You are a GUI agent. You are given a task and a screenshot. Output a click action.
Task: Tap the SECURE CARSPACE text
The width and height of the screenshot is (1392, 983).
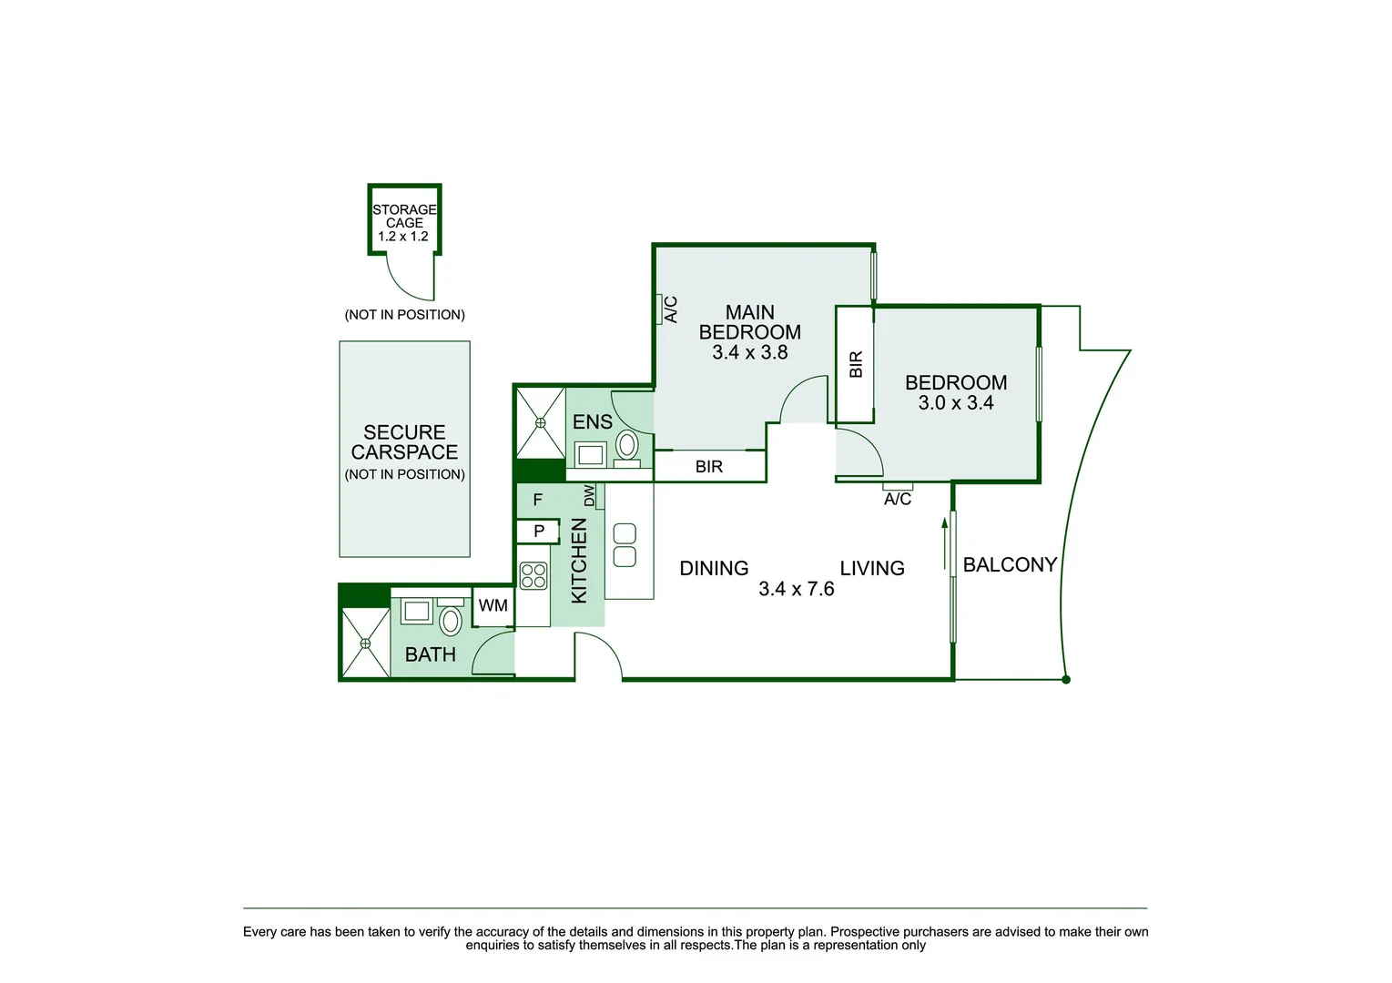(x=404, y=442)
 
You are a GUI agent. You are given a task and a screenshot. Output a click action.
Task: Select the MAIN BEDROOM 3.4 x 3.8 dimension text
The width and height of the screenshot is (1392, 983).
(x=749, y=352)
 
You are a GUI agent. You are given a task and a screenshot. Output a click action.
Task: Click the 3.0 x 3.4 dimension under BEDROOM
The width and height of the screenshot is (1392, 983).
(x=955, y=403)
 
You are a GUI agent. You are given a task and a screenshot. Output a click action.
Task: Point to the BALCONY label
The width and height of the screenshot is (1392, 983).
(x=1010, y=565)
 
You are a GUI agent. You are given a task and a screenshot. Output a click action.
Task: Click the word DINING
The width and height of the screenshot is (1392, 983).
(x=714, y=569)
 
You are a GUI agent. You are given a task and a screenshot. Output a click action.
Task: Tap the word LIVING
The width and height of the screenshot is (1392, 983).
(x=871, y=569)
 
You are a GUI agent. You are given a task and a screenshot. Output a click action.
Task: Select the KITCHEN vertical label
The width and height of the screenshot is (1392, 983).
(x=579, y=561)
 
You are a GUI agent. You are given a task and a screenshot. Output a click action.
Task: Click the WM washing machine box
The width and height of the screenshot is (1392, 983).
(x=493, y=606)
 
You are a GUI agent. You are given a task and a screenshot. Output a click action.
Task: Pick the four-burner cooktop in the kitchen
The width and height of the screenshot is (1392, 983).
(x=533, y=576)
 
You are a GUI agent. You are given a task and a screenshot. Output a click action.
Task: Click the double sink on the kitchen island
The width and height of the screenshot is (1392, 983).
(x=625, y=545)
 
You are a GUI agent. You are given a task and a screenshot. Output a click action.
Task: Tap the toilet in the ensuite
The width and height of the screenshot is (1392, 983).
(x=627, y=447)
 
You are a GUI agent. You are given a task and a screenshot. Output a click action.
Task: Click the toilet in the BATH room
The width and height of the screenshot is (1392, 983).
(x=451, y=620)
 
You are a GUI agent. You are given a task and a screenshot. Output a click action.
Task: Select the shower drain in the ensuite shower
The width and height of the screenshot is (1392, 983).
(x=540, y=422)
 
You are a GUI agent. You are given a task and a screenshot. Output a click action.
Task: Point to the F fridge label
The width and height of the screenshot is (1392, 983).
(x=537, y=500)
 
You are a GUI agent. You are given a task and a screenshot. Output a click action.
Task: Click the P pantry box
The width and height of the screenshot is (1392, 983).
(x=539, y=531)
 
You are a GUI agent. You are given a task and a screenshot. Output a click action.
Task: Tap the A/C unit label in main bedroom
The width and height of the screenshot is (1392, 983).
(x=671, y=309)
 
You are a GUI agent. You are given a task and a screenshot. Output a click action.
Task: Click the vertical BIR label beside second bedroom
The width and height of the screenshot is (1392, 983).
(x=856, y=365)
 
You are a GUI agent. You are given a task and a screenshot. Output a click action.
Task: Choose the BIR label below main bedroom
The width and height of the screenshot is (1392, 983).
(x=708, y=467)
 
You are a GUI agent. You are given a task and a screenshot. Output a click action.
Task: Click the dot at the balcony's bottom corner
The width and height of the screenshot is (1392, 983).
(x=1066, y=680)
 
